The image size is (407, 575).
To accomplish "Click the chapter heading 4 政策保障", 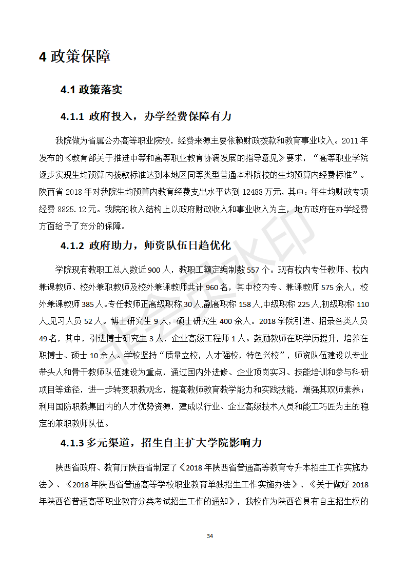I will pyautogui.click(x=74, y=56).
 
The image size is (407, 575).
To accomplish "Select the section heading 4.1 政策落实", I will pyautogui.click(x=91, y=90).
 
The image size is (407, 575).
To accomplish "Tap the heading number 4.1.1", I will pyautogui.click(x=72, y=117).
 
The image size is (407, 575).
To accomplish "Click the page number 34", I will pyautogui.click(x=209, y=536).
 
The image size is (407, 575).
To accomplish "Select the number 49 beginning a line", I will pyautogui.click(x=45, y=338).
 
